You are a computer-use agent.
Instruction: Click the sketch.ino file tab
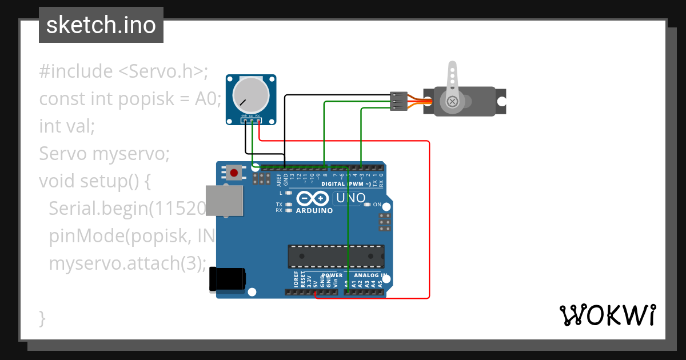click(101, 25)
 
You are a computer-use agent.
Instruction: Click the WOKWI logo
click(607, 315)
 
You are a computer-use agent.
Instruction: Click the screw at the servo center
click(452, 102)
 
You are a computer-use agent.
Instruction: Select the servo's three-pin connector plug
click(398, 101)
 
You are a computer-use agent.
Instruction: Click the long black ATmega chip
click(336, 256)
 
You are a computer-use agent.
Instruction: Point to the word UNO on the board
click(350, 198)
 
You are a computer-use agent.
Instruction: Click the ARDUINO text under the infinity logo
click(314, 211)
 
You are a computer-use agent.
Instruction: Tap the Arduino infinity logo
click(313, 199)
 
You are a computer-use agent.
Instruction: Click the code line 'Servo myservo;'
click(105, 154)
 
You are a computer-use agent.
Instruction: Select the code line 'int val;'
click(67, 126)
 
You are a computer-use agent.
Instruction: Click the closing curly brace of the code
click(42, 318)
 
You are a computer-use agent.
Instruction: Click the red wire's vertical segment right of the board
click(429, 229)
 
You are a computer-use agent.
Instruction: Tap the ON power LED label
click(377, 205)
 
